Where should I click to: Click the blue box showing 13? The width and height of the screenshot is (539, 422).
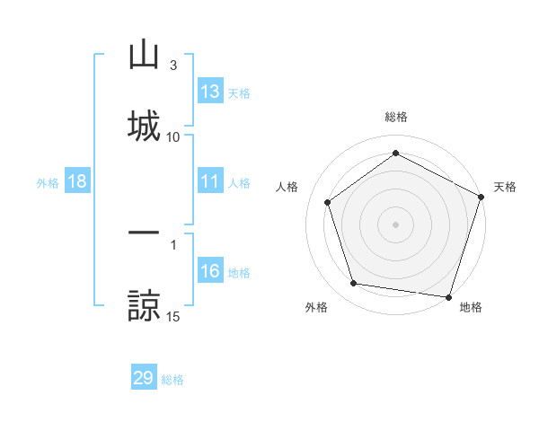click(x=210, y=92)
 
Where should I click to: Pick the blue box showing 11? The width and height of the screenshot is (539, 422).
click(x=210, y=182)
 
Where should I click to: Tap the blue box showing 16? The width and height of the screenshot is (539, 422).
click(x=210, y=272)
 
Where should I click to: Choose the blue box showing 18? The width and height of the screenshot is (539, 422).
click(x=77, y=182)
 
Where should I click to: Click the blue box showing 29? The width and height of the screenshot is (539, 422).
click(x=144, y=378)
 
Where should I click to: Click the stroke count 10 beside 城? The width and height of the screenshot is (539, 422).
click(x=173, y=136)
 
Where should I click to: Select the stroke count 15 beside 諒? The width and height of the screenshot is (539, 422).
click(x=173, y=316)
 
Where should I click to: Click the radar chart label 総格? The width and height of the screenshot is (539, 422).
click(x=396, y=117)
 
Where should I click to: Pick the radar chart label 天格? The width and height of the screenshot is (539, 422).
click(x=505, y=187)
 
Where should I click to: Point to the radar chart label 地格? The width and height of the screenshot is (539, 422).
click(x=471, y=307)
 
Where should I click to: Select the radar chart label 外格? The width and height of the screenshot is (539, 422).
click(x=316, y=307)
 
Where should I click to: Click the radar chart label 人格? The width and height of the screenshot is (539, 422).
click(x=287, y=187)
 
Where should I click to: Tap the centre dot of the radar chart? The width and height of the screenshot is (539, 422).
click(x=395, y=224)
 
